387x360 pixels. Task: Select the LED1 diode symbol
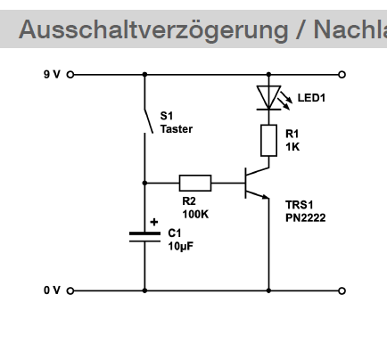(x=268, y=96)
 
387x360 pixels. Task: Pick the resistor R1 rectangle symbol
(x=268, y=140)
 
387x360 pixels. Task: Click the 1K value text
(x=293, y=147)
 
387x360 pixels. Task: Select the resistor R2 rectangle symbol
(x=195, y=184)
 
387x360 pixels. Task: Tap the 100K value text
(x=195, y=214)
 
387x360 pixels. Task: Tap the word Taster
(x=176, y=129)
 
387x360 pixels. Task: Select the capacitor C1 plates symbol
(x=144, y=237)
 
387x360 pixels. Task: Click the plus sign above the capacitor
(x=154, y=222)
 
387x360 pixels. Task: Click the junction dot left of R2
(x=144, y=184)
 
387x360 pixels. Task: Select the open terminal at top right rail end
(x=342, y=75)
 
